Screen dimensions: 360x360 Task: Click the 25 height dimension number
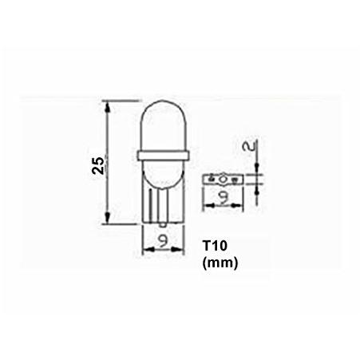click(x=98, y=166)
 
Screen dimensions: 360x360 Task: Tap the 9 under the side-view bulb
click(x=164, y=240)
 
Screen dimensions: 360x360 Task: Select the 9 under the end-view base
click(x=224, y=196)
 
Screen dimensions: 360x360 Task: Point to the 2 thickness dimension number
click(x=250, y=146)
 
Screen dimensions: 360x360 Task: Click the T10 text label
click(x=215, y=246)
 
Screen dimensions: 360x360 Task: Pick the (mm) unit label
click(x=220, y=263)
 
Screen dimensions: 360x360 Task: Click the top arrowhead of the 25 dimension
click(x=108, y=106)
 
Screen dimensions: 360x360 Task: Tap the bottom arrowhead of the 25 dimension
click(x=108, y=218)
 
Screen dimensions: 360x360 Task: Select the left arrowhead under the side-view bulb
click(x=148, y=249)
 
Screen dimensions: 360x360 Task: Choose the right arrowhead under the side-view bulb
click(x=178, y=249)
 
